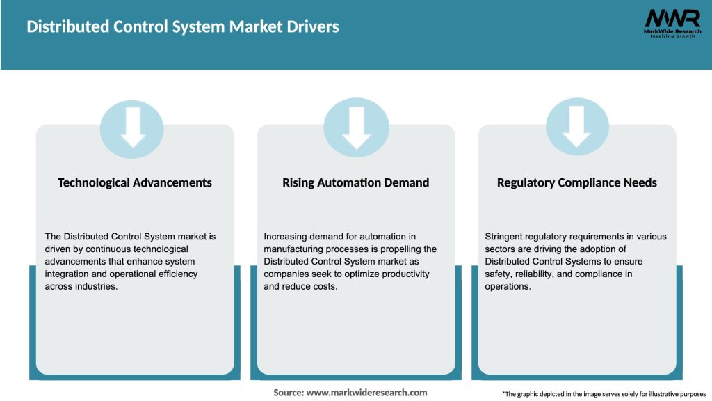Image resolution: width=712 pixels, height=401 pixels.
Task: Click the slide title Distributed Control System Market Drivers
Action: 183,27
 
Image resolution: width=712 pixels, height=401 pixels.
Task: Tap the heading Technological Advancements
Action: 135,182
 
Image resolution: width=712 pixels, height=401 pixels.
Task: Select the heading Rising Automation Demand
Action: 355,182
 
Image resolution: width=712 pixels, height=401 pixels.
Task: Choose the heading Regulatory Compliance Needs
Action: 576,182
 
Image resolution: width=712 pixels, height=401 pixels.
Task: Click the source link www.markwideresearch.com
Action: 366,393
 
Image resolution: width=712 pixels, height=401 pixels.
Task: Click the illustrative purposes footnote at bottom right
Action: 604,394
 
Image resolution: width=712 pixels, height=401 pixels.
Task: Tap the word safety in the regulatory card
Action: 498,274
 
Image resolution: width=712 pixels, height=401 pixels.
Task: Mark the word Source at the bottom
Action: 287,393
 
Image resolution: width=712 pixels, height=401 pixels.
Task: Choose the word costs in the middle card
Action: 323,287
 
